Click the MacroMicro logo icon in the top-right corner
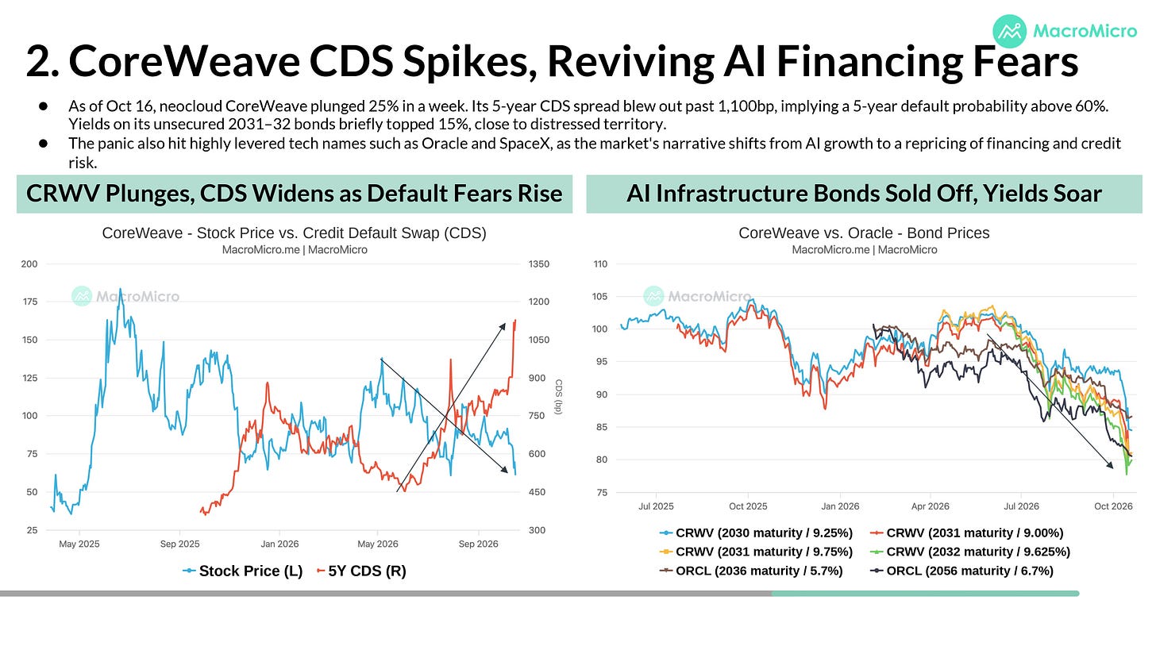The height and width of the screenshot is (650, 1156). (1010, 31)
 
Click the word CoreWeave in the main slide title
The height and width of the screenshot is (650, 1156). (184, 61)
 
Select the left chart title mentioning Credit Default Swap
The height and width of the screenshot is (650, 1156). (294, 233)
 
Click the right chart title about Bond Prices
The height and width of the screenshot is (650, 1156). (864, 233)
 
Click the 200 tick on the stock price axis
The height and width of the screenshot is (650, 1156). (29, 264)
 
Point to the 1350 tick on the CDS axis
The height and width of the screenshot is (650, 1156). (539, 264)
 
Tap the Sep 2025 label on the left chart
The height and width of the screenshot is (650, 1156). (179, 544)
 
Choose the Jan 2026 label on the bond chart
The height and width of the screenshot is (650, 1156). (840, 506)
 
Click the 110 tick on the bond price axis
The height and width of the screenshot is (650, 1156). (600, 264)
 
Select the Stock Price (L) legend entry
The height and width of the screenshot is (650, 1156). (243, 571)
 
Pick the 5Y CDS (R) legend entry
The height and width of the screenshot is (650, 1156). (361, 571)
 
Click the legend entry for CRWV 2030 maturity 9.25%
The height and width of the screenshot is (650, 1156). (756, 533)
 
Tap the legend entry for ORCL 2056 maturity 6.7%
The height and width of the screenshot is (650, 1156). (961, 571)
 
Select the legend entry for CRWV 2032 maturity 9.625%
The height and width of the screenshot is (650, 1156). (969, 552)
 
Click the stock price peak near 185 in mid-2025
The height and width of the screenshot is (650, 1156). (120, 290)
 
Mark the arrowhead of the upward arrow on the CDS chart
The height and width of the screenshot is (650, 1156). (503, 326)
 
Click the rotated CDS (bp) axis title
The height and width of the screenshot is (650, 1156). (558, 397)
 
